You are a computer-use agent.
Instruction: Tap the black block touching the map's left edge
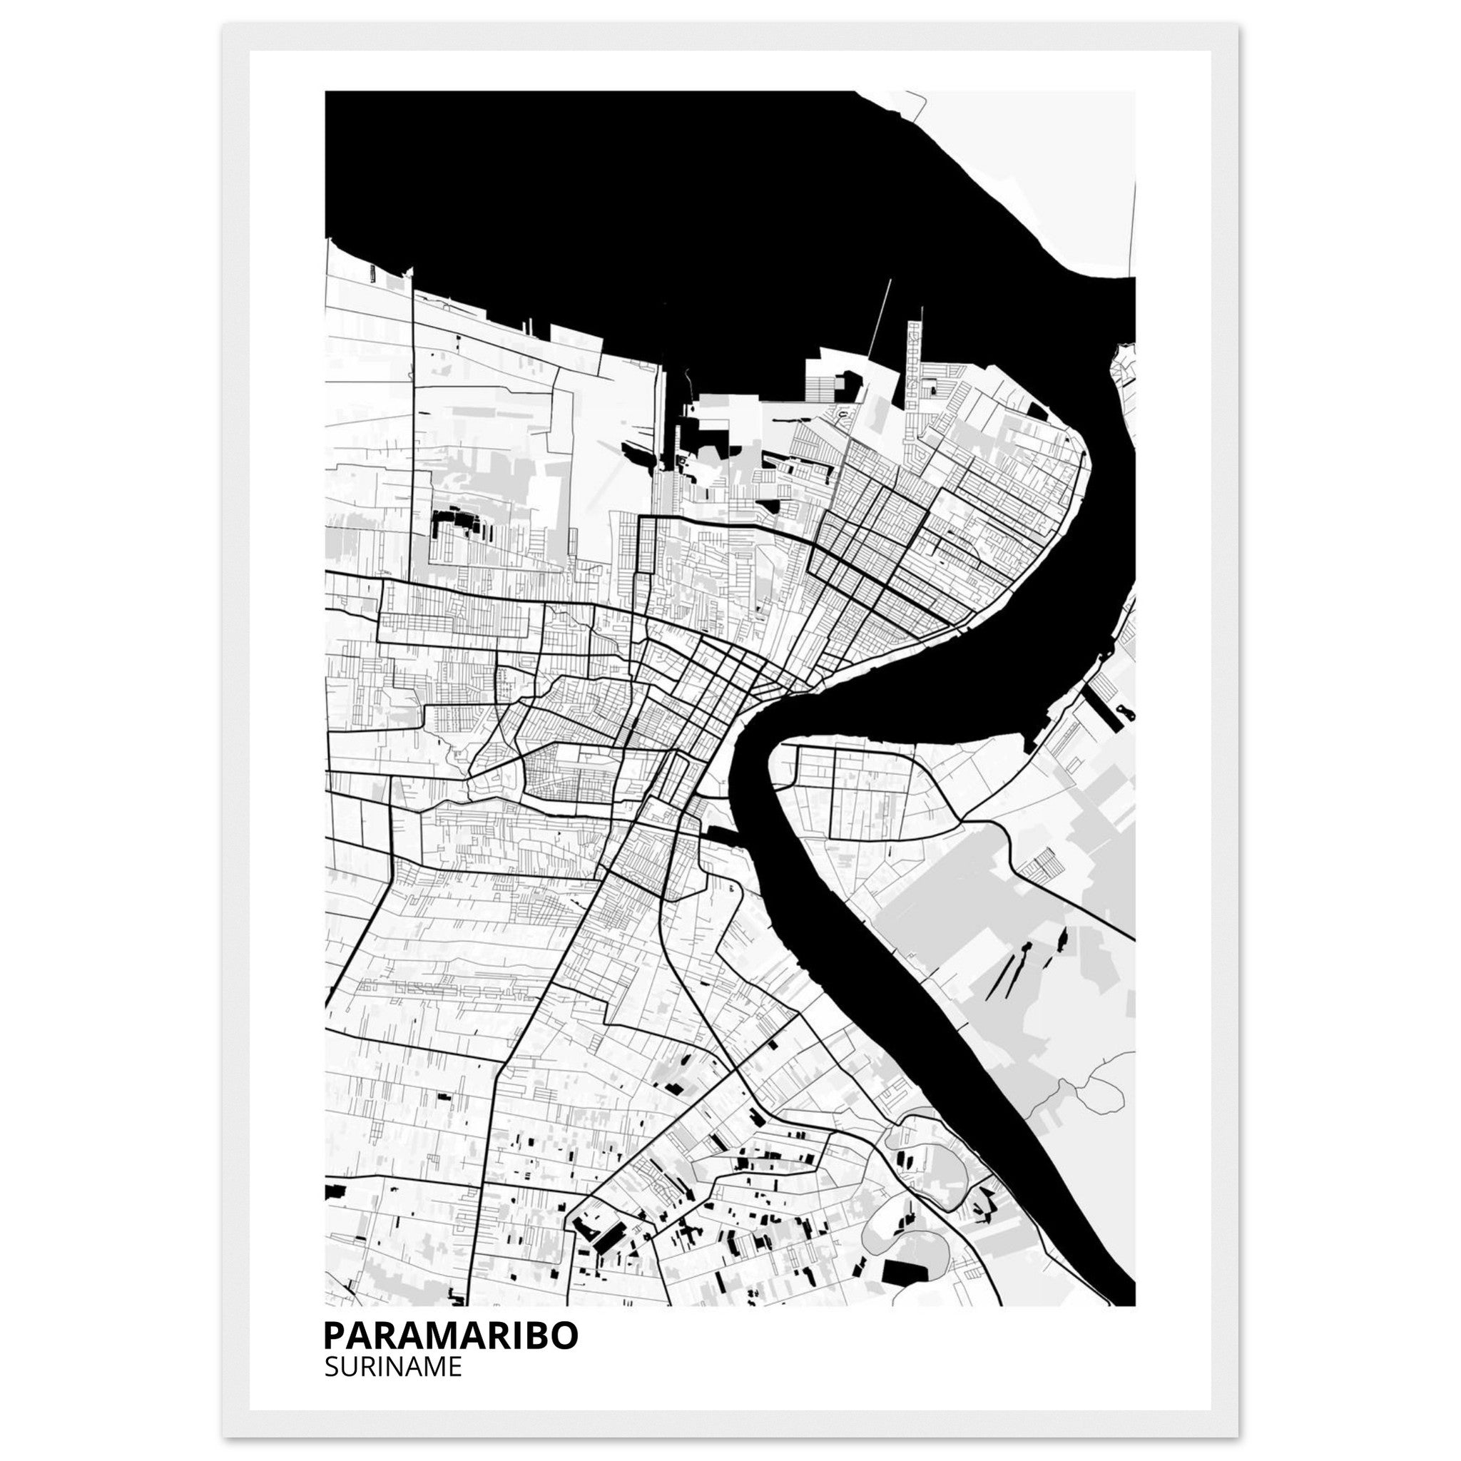pyautogui.click(x=333, y=1193)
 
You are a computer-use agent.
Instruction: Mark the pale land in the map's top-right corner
pyautogui.click(x=1059, y=166)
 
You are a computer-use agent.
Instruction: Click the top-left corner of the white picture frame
pyautogui.click(x=225, y=25)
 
